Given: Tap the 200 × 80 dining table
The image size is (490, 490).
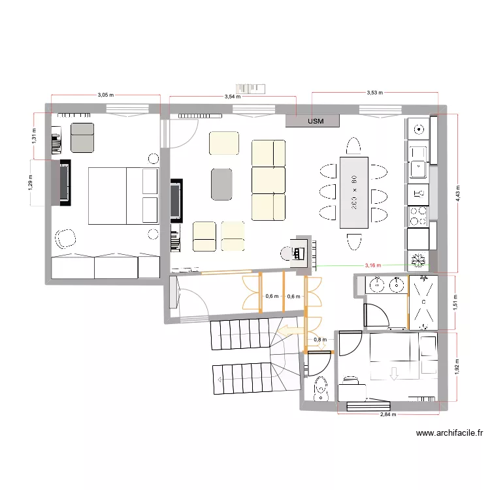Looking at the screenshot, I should point(353,193).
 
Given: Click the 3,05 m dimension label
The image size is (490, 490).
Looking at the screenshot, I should point(105,95).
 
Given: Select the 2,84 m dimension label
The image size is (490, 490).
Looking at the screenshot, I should point(389,414).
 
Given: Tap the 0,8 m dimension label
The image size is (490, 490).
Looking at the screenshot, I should point(319,340).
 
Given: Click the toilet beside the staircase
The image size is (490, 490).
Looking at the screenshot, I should point(320,388).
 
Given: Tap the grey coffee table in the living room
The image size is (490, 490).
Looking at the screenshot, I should point(221,184).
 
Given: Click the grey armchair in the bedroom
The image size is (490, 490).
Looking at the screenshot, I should point(82,137).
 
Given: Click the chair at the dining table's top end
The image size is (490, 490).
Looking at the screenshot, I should point(353,145).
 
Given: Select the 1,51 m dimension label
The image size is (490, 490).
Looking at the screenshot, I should point(457,301).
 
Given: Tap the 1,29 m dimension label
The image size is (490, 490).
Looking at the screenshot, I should point(30,182).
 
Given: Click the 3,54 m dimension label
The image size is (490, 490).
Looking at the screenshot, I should point(231,97).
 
